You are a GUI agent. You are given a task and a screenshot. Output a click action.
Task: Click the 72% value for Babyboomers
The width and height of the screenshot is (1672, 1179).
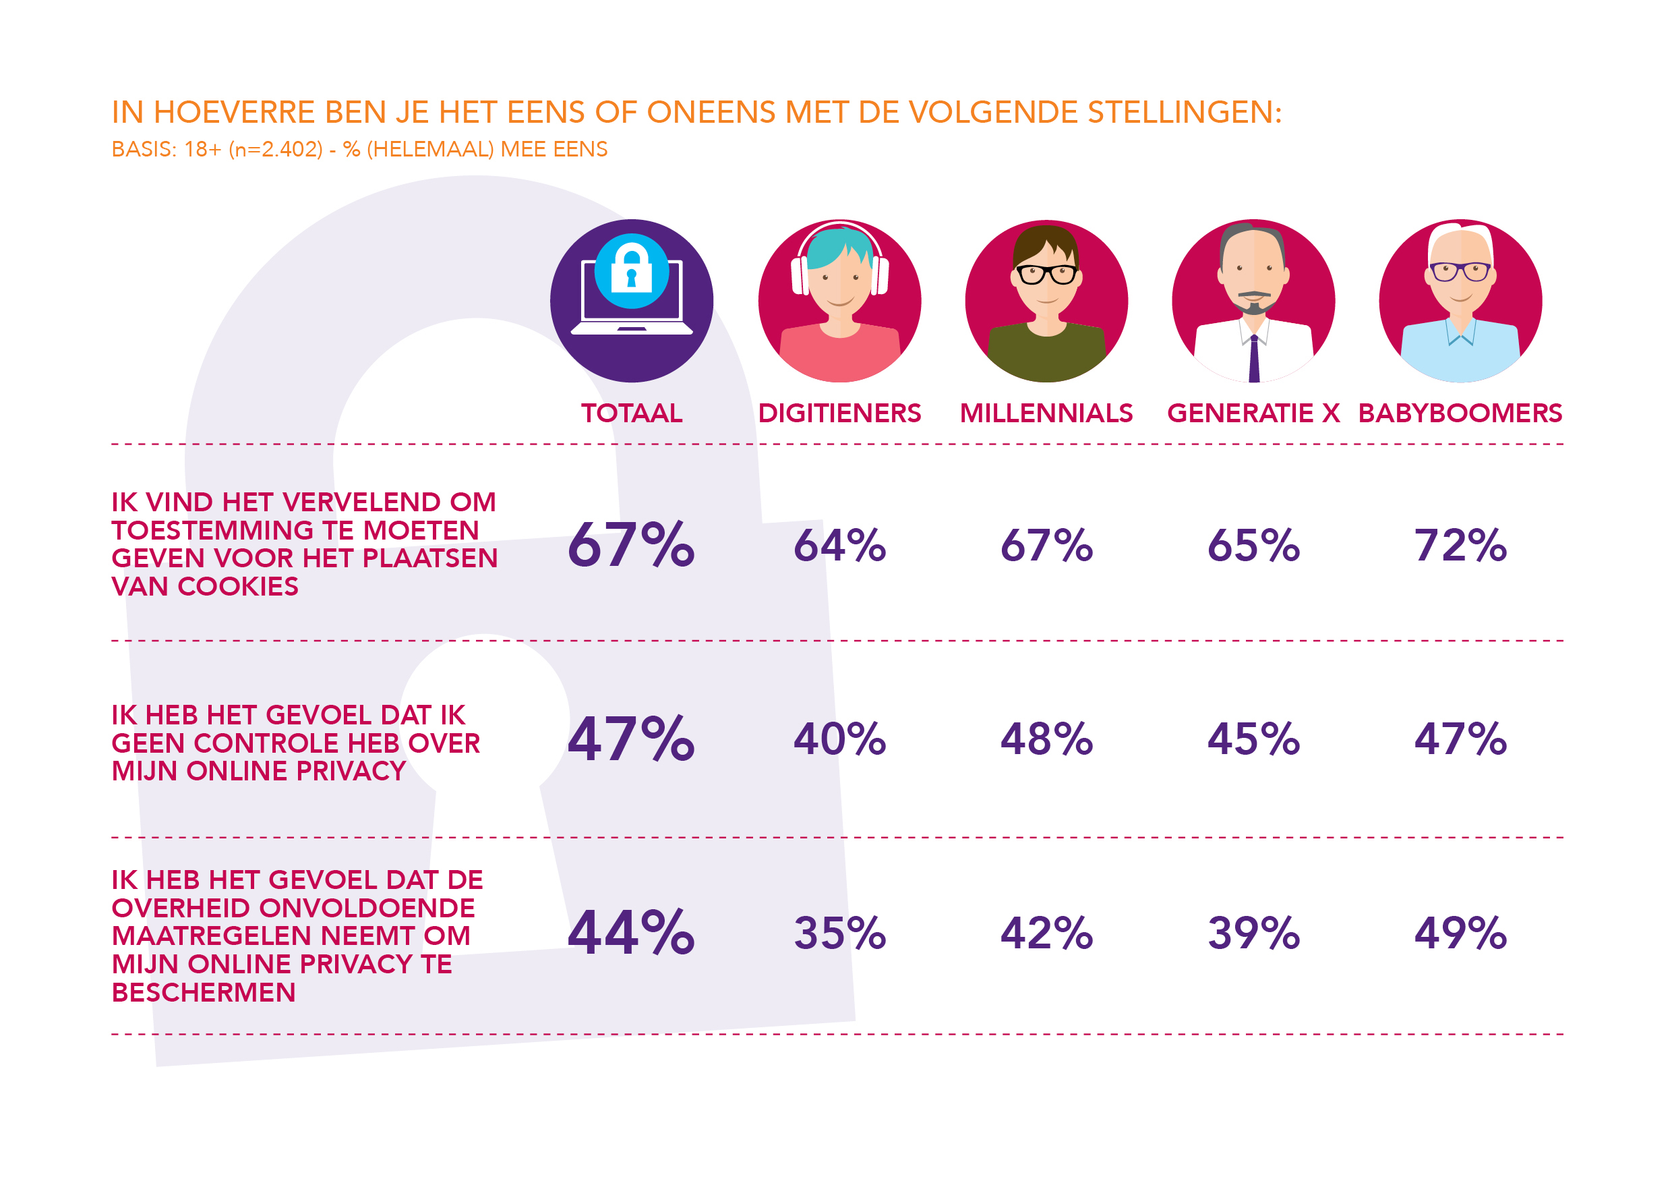(x=1460, y=545)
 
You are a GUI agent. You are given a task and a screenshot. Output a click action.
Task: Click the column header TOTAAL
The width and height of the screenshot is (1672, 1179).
(x=631, y=413)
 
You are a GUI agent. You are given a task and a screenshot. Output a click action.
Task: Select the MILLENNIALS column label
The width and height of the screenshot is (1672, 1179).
(x=1046, y=413)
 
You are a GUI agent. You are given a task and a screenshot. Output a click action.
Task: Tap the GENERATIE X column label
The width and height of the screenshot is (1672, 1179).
(x=1253, y=413)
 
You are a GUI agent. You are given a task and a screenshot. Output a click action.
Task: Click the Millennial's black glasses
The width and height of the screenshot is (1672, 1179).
(x=1046, y=275)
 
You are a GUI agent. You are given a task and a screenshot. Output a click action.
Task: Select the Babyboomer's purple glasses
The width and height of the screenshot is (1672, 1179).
(x=1460, y=272)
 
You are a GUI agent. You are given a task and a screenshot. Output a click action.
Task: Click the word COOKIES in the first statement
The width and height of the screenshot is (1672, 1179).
(x=237, y=587)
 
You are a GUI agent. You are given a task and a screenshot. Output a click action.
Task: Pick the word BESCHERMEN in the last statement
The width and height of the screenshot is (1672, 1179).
(x=203, y=992)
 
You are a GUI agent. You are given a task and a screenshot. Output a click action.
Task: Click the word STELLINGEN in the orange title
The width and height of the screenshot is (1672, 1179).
(x=1183, y=112)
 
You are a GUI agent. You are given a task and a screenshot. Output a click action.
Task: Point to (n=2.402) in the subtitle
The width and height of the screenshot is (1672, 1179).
(x=275, y=149)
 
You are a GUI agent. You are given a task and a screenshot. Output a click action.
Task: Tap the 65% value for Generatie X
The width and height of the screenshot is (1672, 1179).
(x=1253, y=545)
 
